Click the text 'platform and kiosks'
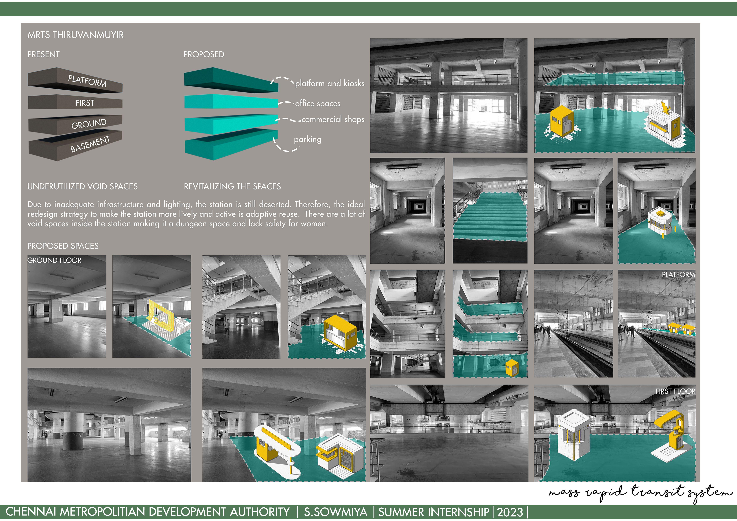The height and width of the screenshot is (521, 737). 330,83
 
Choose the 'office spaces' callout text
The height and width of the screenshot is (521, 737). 318,103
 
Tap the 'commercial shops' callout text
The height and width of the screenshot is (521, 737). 333,119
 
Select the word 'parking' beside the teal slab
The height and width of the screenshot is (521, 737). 308,139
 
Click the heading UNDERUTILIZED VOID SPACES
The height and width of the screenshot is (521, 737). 82,186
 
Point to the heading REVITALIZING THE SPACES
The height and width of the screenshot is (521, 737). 232,186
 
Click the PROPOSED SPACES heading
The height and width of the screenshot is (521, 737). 63,246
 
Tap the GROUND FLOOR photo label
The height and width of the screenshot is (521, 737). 55,260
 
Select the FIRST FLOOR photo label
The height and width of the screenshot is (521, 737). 675,391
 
